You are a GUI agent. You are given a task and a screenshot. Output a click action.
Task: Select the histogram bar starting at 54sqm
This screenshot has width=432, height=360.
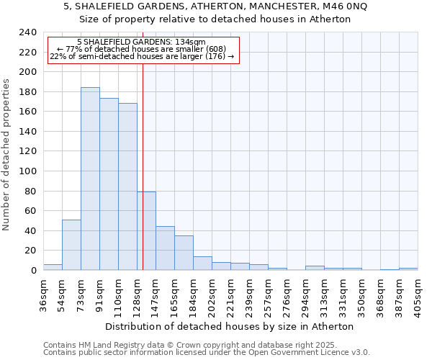tap(71, 245)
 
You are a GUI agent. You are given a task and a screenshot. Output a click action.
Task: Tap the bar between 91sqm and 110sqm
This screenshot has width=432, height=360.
tap(109, 184)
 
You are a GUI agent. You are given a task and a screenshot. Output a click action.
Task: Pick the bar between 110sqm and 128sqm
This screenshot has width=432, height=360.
tap(127, 186)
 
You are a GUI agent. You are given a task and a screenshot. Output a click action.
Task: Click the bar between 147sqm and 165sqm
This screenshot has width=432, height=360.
tap(165, 248)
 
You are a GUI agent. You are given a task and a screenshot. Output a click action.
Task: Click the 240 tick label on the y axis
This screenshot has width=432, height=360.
tap(27, 32)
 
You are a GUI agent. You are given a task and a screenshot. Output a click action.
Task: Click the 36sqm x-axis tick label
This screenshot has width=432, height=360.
tap(44, 294)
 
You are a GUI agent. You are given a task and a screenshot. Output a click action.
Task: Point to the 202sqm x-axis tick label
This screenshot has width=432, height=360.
tap(212, 294)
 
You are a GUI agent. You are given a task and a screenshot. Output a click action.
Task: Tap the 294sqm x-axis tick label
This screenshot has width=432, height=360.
tap(306, 294)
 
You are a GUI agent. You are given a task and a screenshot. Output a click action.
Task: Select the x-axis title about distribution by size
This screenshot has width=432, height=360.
tap(235, 326)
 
